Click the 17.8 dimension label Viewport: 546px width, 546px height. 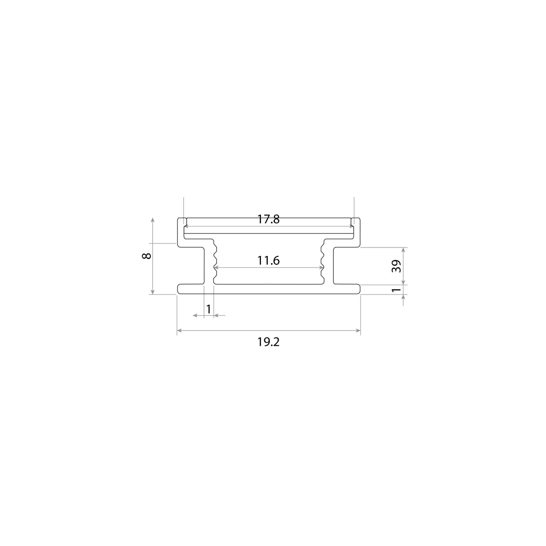pyautogui.click(x=269, y=219)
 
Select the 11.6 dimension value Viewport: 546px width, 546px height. pyautogui.click(x=269, y=261)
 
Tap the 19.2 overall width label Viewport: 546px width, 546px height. pyautogui.click(x=269, y=342)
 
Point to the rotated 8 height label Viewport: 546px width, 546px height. pyautogui.click(x=147, y=256)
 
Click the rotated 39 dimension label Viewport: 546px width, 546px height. pyautogui.click(x=397, y=266)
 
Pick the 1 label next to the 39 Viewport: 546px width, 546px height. pyautogui.click(x=397, y=290)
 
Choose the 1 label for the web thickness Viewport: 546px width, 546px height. pyautogui.click(x=209, y=309)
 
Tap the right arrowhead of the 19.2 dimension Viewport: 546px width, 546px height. pyautogui.click(x=358, y=331)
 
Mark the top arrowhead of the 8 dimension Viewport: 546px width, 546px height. pyautogui.click(x=153, y=221)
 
